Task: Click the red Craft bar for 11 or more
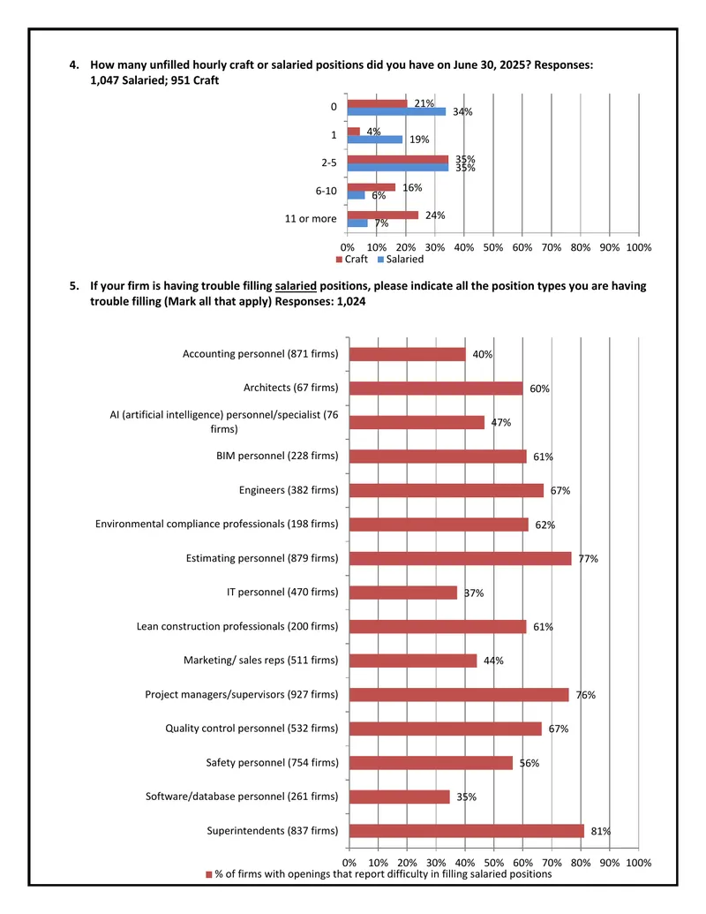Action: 383,215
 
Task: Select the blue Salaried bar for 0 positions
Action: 397,111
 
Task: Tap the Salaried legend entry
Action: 401,259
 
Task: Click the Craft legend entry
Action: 352,259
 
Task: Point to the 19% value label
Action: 419,140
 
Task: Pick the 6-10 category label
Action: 327,191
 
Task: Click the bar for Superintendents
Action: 467,831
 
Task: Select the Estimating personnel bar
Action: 460,558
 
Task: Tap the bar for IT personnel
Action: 403,593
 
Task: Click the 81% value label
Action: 601,831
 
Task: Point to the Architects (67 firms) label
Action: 290,388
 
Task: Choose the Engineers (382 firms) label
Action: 289,490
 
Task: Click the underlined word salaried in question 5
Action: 296,285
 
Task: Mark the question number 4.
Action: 74,64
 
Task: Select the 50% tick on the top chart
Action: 492,247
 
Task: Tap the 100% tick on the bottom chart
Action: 638,863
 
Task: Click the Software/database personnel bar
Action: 400,797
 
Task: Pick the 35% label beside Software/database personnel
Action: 466,797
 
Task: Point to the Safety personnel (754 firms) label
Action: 272,762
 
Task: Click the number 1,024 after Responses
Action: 351,301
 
